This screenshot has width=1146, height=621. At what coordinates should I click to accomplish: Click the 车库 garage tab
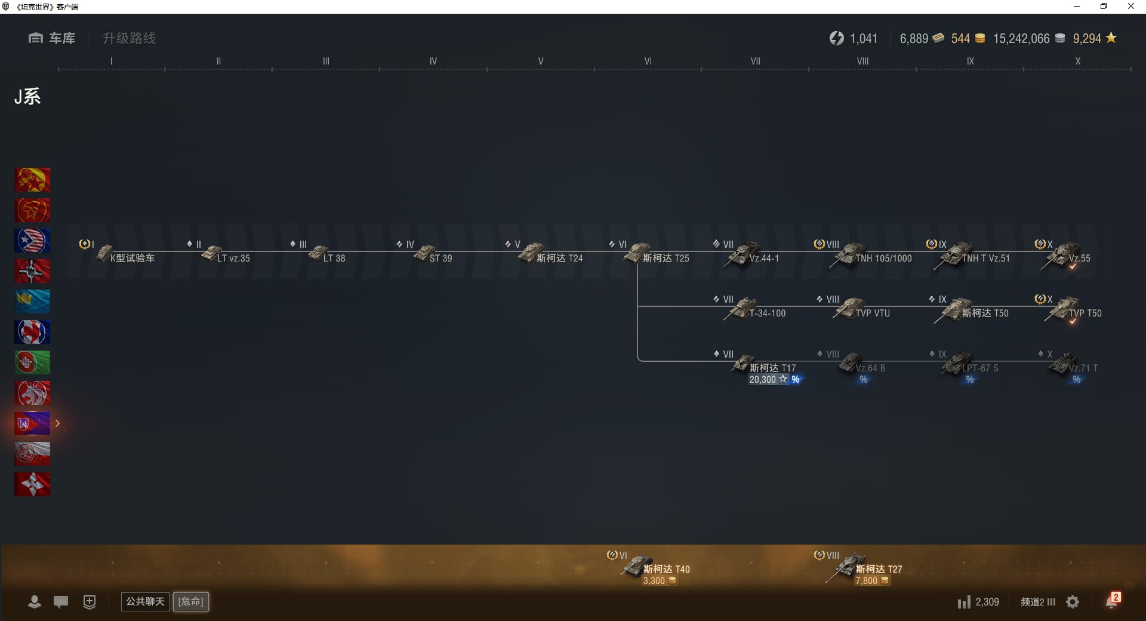point(53,38)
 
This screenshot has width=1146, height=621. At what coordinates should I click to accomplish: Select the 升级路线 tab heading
point(129,38)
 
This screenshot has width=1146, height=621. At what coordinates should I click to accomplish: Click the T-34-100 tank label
point(767,313)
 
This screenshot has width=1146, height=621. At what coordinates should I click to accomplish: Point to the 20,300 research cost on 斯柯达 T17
point(763,380)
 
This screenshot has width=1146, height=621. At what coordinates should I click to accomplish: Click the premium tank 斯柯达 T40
point(657,568)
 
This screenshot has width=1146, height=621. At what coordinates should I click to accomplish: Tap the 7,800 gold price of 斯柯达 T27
point(867,581)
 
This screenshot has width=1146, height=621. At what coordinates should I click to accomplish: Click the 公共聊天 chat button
point(145,601)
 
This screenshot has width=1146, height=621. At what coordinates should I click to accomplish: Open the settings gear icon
point(1073,602)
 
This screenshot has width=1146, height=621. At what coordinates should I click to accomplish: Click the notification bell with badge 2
point(1111,601)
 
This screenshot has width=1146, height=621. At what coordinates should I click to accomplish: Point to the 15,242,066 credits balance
point(1021,39)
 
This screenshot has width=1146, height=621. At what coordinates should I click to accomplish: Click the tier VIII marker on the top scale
point(862,61)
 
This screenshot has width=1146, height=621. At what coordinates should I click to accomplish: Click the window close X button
point(1130,7)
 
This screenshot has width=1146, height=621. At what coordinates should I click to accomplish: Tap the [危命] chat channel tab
point(191,601)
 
